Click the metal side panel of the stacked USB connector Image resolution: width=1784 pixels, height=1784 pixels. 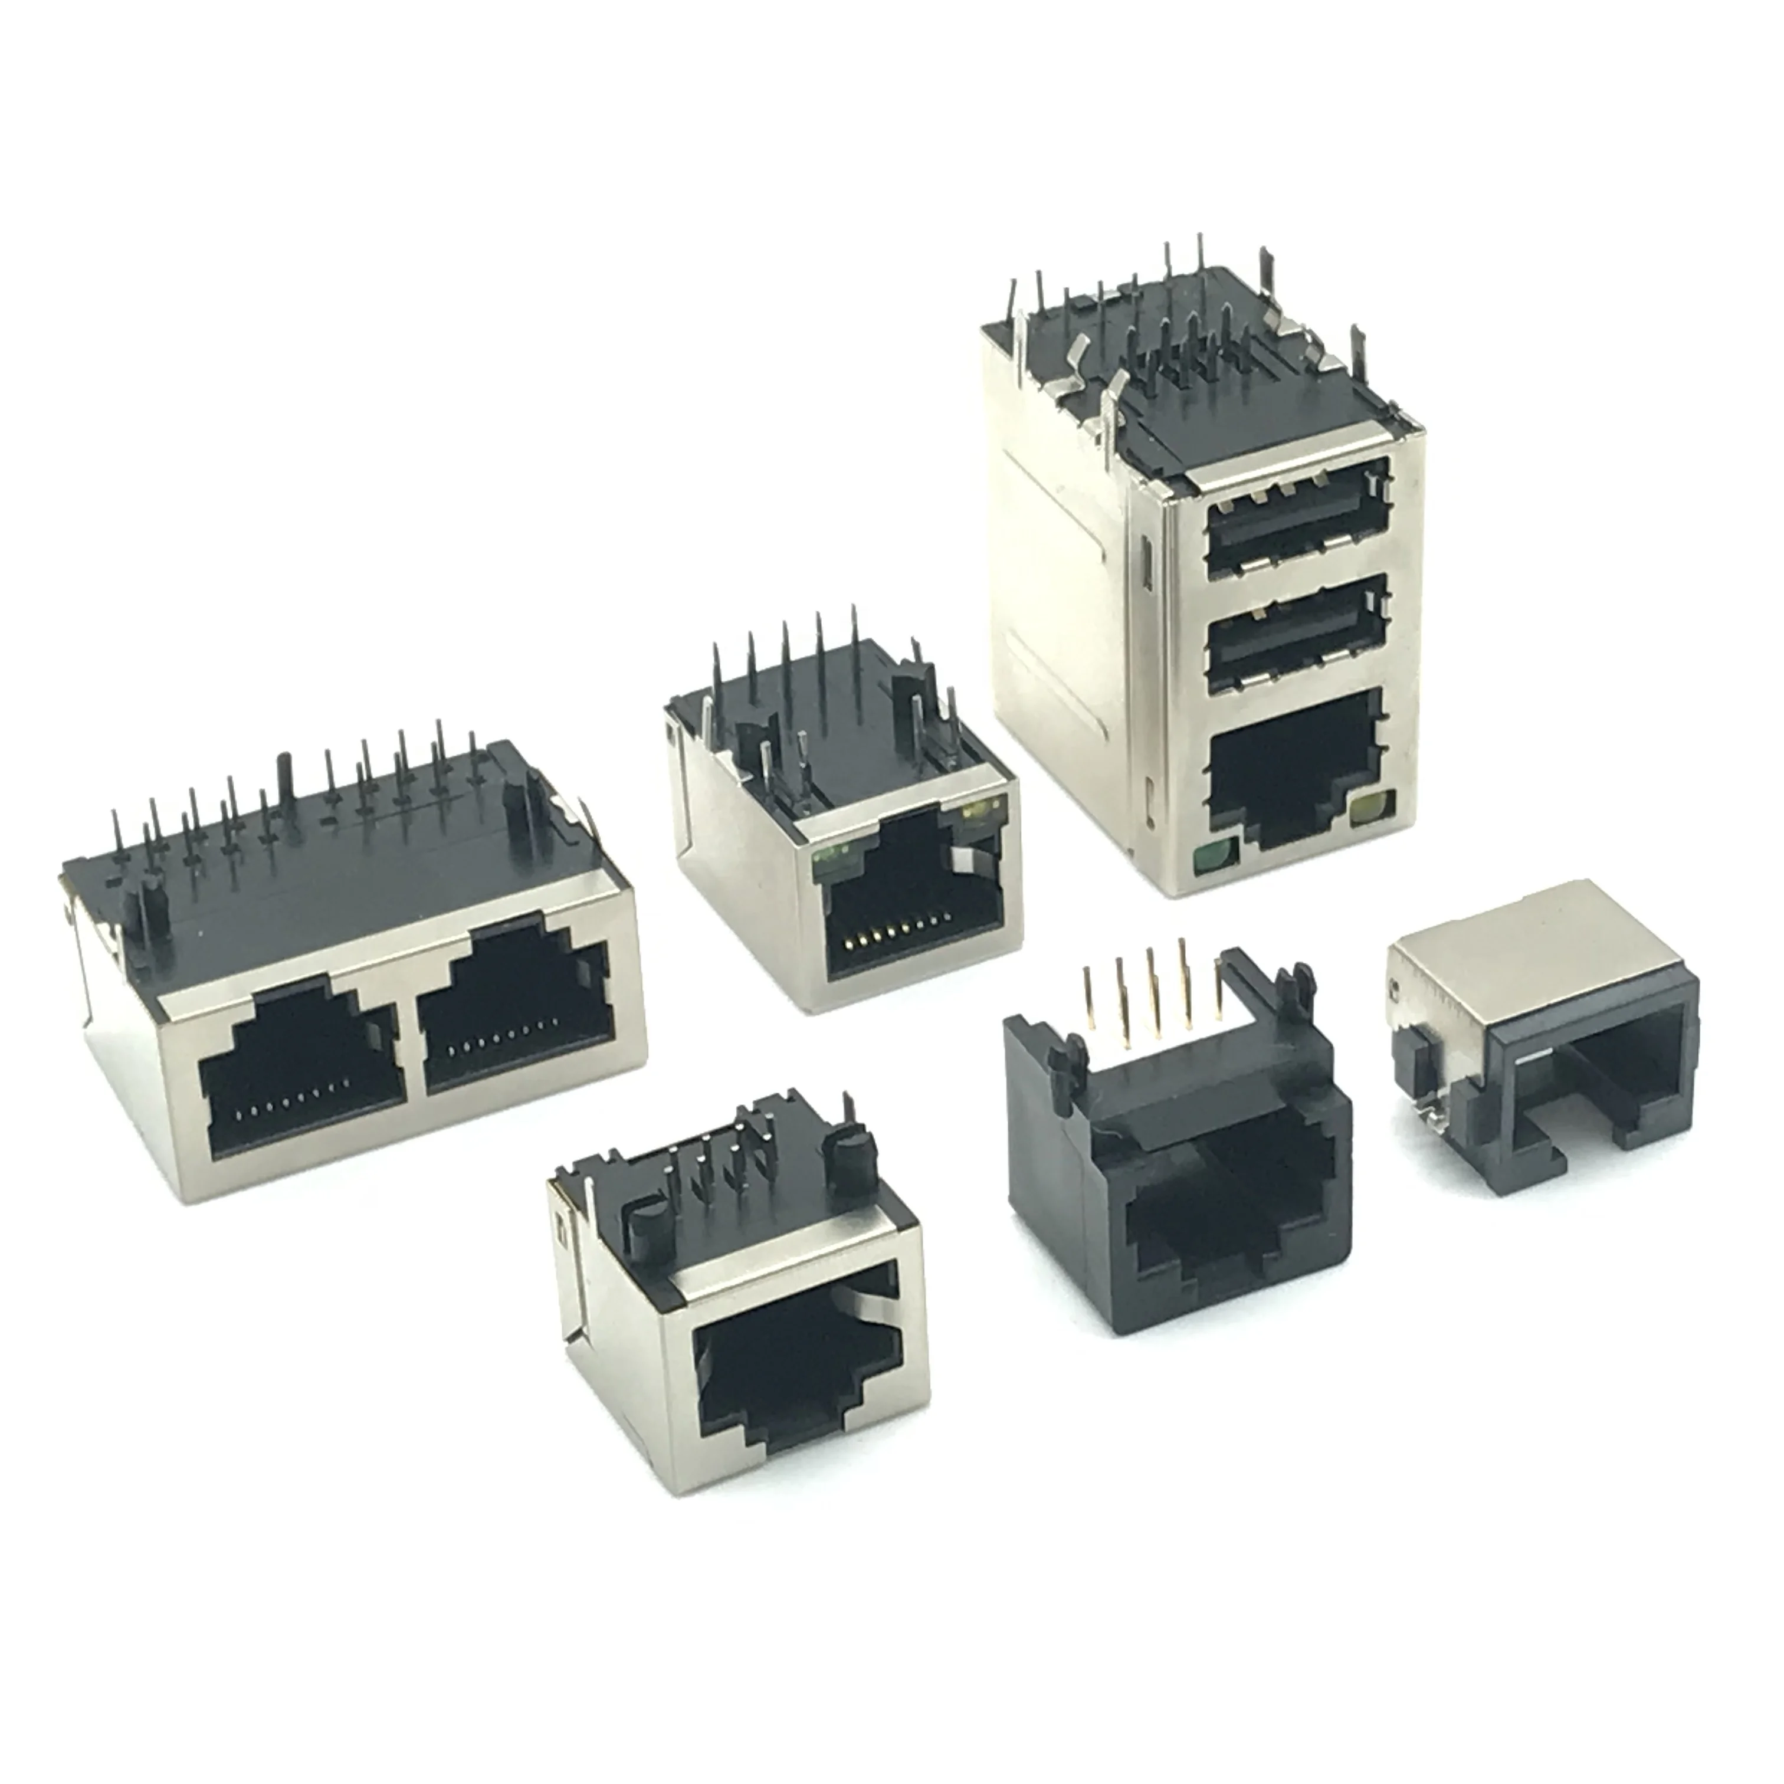[x=1071, y=591]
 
